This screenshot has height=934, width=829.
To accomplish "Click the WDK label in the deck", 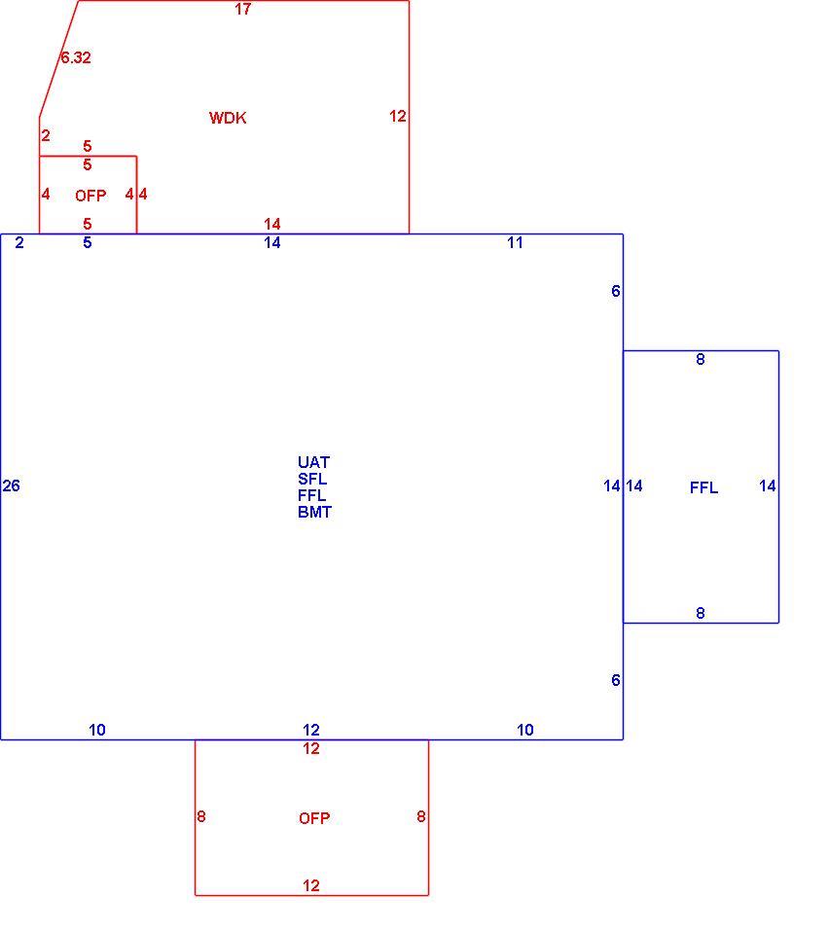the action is point(228,118).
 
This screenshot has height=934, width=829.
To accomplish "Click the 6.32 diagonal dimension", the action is point(76,57).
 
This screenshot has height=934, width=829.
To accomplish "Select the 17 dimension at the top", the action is point(243,9).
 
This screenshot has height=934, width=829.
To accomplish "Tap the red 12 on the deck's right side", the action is point(398,116).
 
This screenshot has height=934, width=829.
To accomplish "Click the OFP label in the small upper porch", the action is point(90,196).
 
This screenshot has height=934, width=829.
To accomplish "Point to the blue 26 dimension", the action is point(12,485).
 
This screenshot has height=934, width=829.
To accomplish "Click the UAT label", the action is point(314,462).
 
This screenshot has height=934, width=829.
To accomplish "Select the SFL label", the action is point(312,479).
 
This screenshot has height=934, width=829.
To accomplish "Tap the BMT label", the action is point(314,513).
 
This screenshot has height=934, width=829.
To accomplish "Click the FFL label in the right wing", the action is point(703,487).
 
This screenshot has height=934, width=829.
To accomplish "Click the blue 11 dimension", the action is point(515,242).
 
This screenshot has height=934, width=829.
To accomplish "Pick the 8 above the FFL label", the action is point(701,359).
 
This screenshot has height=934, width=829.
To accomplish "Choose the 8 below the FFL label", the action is point(701,613).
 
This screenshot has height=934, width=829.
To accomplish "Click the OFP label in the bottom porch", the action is point(314,818).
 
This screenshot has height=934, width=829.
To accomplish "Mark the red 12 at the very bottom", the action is point(311,885).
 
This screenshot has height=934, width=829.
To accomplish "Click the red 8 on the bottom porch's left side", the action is point(201,816).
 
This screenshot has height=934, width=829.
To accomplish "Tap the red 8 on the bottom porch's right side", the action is point(421,816).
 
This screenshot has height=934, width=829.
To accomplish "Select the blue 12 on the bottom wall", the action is point(311,730).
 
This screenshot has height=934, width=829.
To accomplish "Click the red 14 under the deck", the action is point(272,224).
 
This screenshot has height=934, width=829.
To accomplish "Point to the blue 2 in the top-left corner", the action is point(19,242).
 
